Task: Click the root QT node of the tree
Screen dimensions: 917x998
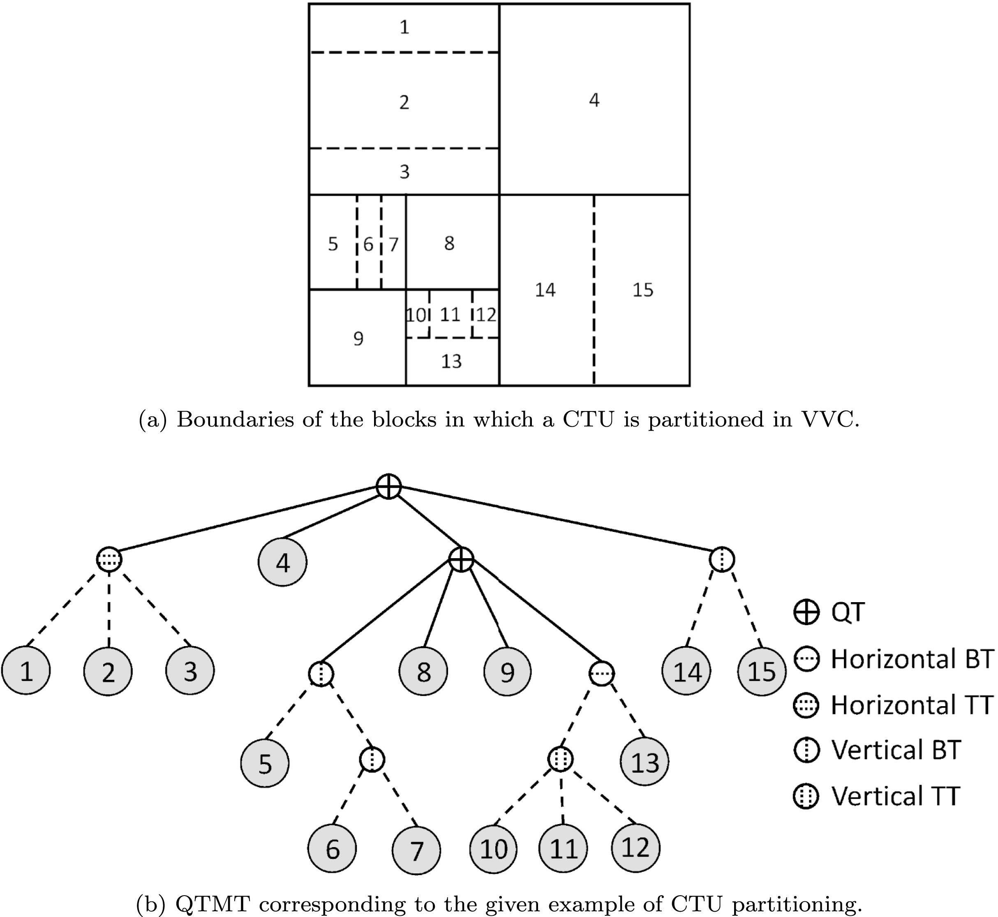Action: [388, 486]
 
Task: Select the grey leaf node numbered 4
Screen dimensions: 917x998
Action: [282, 562]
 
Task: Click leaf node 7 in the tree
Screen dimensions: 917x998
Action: [416, 849]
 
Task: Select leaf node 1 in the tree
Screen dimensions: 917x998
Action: [26, 671]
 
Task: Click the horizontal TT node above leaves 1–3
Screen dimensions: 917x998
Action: [109, 559]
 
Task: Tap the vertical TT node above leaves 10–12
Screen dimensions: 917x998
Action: [561, 758]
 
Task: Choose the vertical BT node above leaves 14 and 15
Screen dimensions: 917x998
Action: [722, 559]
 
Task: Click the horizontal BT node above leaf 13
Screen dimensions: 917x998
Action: [601, 673]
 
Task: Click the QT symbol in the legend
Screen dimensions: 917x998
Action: [806, 612]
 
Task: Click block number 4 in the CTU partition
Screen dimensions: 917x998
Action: [594, 100]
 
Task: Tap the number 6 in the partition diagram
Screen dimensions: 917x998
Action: [368, 244]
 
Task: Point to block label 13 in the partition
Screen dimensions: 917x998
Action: [451, 361]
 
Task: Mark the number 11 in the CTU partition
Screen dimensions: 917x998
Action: [450, 314]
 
